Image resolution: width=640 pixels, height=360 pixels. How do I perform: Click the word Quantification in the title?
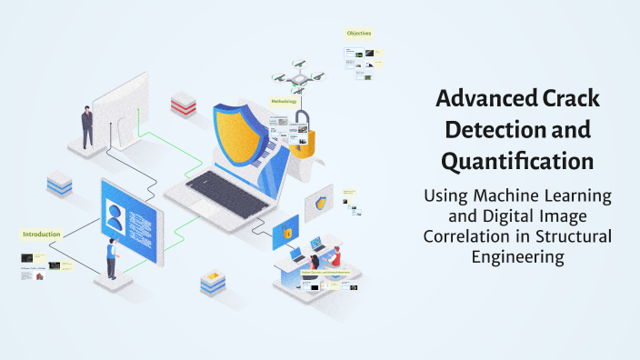(516, 162)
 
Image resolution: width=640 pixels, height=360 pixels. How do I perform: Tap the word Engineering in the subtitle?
(516, 256)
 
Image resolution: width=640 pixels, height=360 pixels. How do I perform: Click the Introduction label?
(41, 234)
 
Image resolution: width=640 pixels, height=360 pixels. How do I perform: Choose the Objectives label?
(358, 34)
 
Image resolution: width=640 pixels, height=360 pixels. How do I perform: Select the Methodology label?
(284, 102)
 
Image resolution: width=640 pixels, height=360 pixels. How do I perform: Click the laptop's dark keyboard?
(222, 185)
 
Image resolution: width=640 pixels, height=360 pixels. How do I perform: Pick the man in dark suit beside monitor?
(87, 125)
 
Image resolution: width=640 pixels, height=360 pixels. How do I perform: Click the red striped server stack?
(183, 105)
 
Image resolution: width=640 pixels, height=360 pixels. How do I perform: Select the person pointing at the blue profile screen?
(112, 258)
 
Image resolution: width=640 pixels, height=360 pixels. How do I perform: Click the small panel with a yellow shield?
(320, 204)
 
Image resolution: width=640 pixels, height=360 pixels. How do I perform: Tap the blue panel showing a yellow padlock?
(285, 232)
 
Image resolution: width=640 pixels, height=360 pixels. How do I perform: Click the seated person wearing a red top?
(334, 255)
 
